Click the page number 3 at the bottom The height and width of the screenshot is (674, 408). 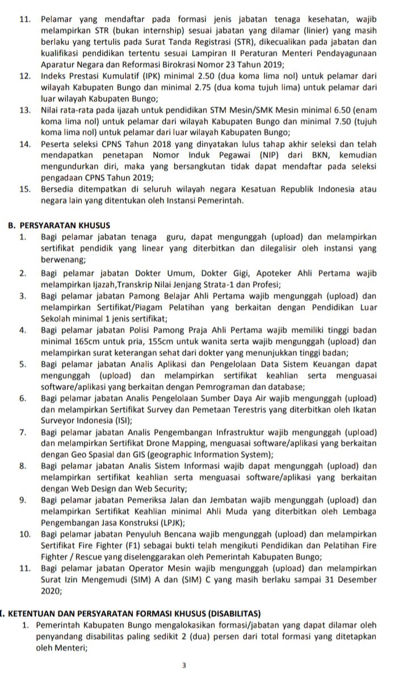(184, 664)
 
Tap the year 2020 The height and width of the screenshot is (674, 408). (51, 590)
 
